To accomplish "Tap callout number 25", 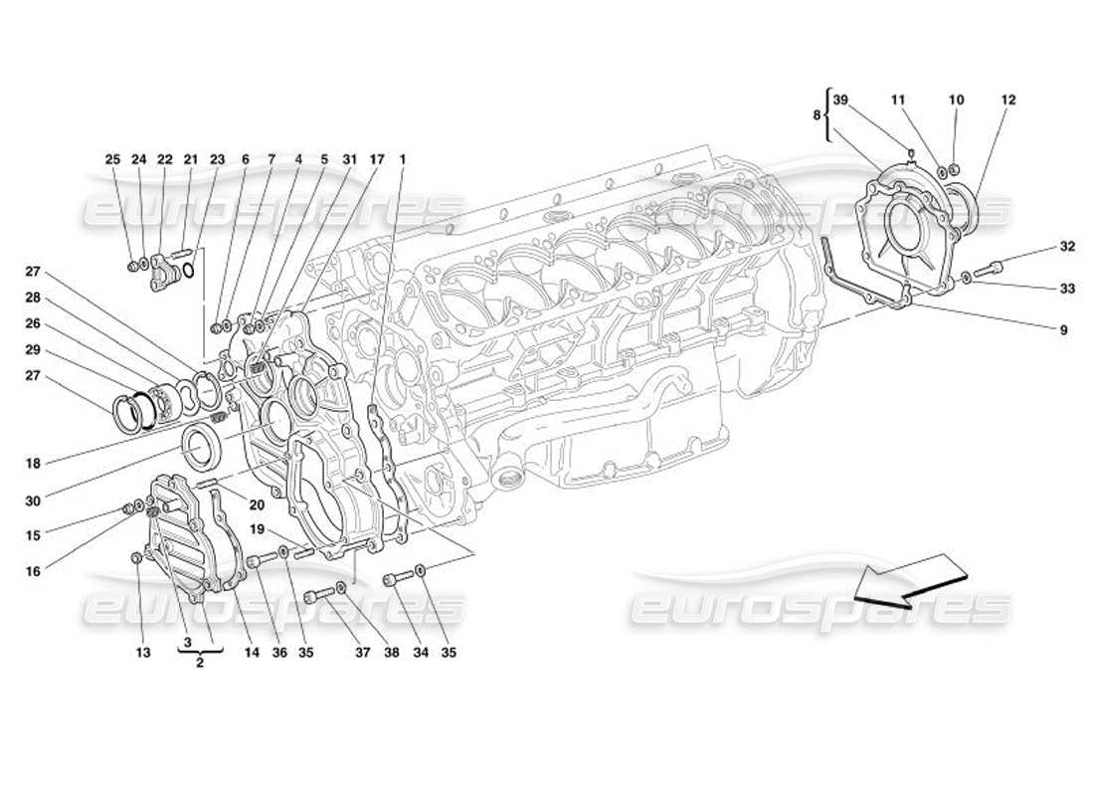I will [111, 159].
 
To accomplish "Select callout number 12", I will [1008, 100].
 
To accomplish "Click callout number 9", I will [1063, 329].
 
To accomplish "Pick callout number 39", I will [840, 100].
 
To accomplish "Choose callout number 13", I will [143, 653].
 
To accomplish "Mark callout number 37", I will [363, 653].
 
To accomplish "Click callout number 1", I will [403, 159].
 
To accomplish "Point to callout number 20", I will [257, 504].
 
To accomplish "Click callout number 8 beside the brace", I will [818, 115].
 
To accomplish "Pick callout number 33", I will [1067, 289].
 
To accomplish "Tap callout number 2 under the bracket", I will [200, 664].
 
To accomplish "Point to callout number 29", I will [34, 350].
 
